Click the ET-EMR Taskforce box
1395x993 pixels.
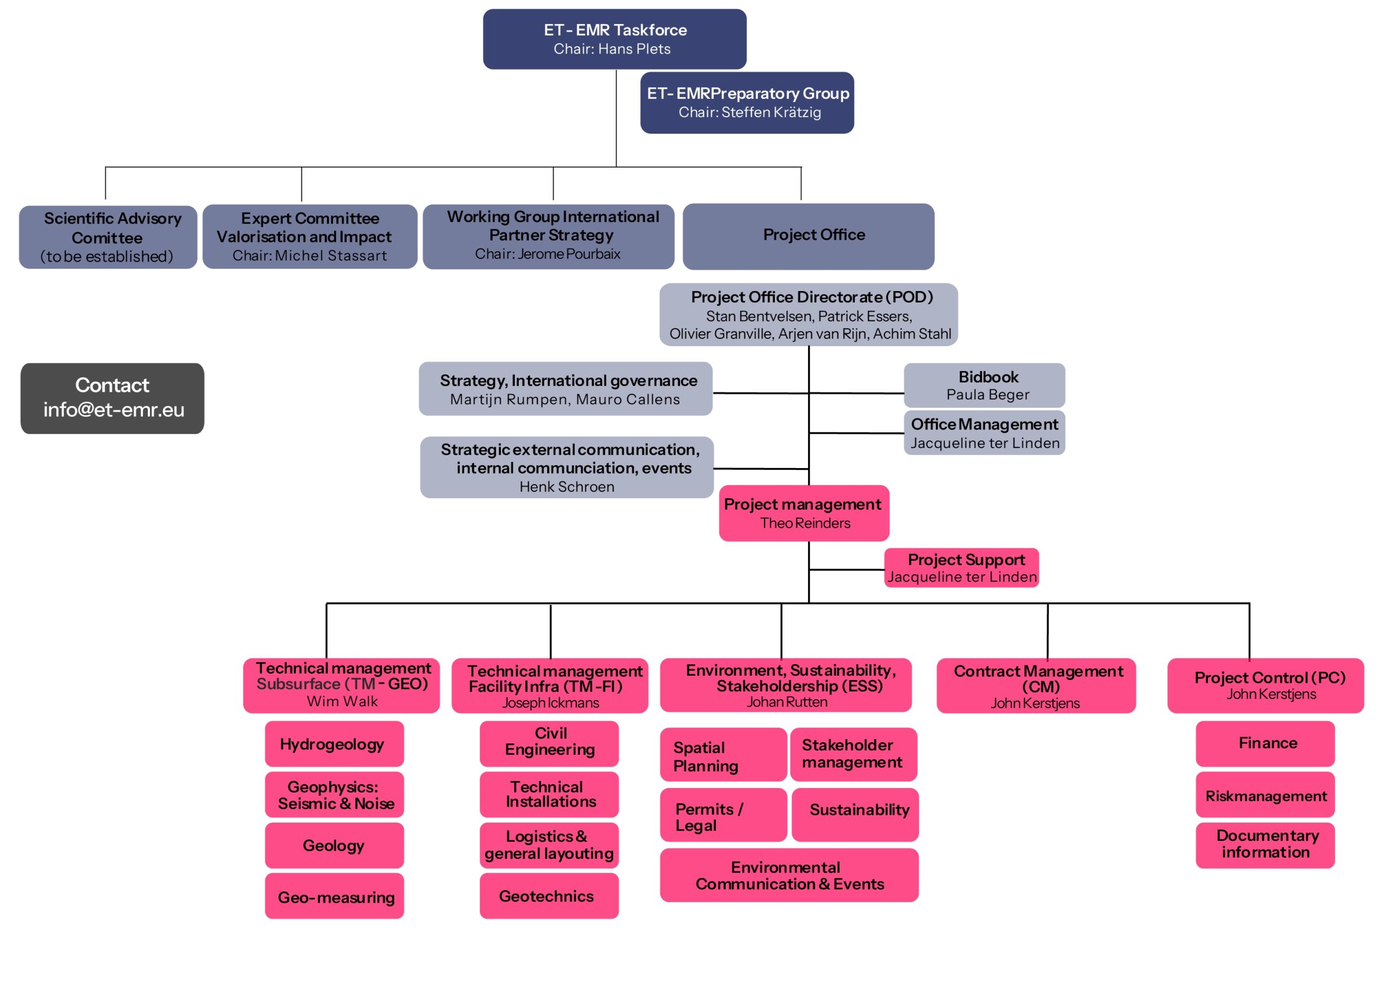pyautogui.click(x=614, y=39)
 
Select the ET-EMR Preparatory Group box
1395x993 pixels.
pyautogui.click(x=747, y=102)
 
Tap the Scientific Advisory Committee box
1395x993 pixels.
pyautogui.click(x=107, y=237)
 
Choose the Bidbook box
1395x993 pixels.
pyautogui.click(x=984, y=385)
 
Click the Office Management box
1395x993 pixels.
pyautogui.click(x=984, y=432)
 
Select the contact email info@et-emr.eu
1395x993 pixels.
pyautogui.click(x=114, y=410)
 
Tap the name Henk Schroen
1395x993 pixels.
pyautogui.click(x=566, y=487)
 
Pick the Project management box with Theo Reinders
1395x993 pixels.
pyautogui.click(x=803, y=513)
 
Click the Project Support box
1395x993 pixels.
pyautogui.click(x=961, y=567)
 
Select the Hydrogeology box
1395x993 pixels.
pyautogui.click(x=334, y=743)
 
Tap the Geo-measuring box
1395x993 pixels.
pyautogui.click(x=334, y=896)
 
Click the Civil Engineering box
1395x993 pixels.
pyautogui.click(x=548, y=743)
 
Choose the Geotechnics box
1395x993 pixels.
pyautogui.click(x=548, y=896)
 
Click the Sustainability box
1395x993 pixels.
pyautogui.click(x=854, y=814)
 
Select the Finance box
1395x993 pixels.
pyautogui.click(x=1264, y=743)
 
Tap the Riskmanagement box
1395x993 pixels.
pyautogui.click(x=1264, y=795)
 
